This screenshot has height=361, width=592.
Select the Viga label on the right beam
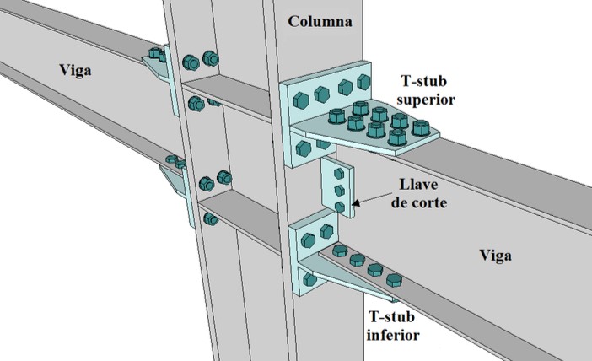coord(496,254)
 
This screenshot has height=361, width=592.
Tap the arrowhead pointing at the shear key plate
coord(358,202)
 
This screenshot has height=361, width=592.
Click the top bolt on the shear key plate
coord(337,172)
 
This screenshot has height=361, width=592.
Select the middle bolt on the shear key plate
coord(338,189)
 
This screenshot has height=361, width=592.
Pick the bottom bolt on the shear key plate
coord(339,206)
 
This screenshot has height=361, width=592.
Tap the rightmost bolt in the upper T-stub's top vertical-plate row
coord(363,82)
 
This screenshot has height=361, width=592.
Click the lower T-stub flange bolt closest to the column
coord(338,251)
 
